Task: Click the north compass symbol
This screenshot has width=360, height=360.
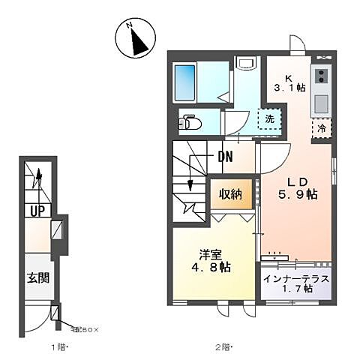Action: pos(136,39)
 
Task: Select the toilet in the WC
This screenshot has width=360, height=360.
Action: pos(190,121)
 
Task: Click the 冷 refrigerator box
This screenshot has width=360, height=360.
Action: pos(320,127)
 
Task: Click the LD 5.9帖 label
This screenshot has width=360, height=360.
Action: pos(298,187)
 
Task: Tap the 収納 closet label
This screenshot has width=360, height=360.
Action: pos(230,194)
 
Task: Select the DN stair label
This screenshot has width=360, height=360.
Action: pos(226,157)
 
